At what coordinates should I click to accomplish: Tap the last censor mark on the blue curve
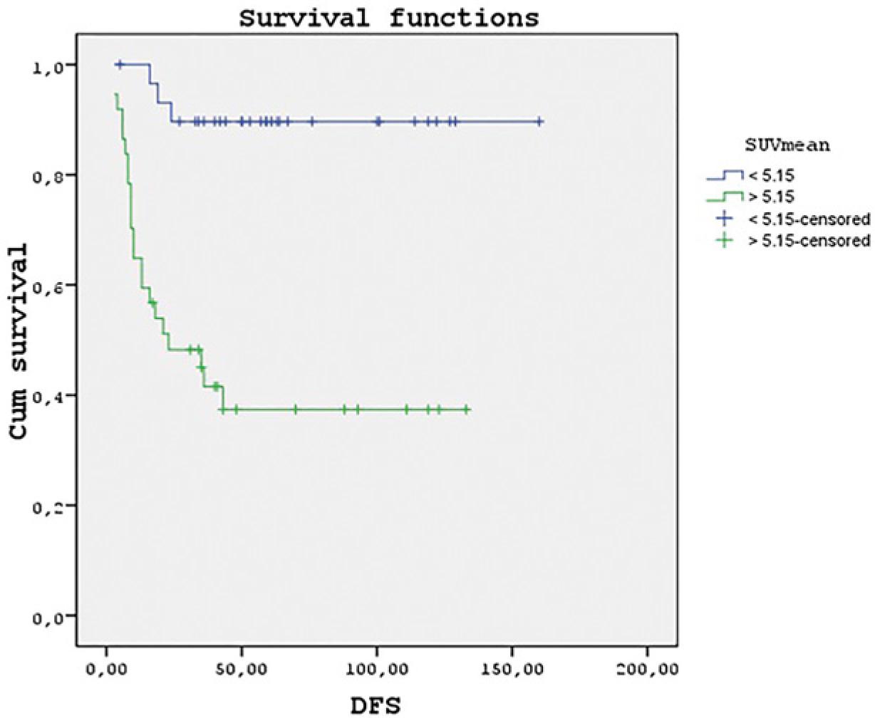(x=539, y=122)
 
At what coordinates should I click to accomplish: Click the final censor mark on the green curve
(x=466, y=410)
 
